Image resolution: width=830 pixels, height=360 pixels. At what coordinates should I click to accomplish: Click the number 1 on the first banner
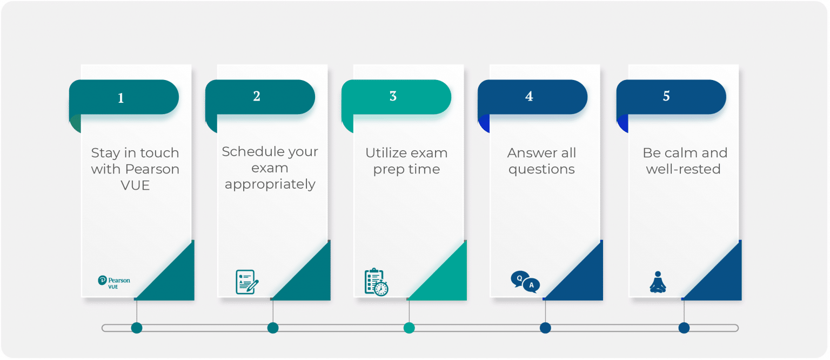pos(121,98)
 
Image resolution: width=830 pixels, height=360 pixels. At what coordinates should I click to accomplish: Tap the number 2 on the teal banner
pos(257,96)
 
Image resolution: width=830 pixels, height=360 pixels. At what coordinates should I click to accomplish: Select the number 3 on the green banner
pos(393,96)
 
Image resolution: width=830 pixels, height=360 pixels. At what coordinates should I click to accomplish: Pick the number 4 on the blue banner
pos(529,96)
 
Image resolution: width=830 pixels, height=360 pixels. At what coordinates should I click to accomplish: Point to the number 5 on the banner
pos(666,96)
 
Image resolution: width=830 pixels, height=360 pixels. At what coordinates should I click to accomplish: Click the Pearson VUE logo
pos(113,282)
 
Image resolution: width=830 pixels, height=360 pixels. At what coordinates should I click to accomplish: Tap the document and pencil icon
pos(247,282)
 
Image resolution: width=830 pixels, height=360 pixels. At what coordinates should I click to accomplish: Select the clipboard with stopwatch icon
pos(376,282)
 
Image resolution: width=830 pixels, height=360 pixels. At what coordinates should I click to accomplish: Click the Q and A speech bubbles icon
pos(525,282)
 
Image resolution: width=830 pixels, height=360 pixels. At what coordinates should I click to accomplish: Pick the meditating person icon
pos(657,282)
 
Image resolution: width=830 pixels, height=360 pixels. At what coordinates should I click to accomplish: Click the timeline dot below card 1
pos(137,328)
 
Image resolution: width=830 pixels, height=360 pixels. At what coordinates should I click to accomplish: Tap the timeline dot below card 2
pos(273,328)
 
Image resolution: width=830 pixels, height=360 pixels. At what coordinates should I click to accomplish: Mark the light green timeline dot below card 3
pos(409,328)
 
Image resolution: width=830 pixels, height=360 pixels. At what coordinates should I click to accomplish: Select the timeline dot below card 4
pos(545,328)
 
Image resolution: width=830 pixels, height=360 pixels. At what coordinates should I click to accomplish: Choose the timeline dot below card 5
pos(684,328)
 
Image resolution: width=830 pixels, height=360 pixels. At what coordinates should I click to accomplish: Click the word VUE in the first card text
pos(135,185)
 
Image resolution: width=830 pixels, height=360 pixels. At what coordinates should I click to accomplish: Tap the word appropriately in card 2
pos(270,185)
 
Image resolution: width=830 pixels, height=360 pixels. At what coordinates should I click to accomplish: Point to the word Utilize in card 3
pos(385,153)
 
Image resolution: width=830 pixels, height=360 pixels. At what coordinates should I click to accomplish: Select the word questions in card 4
pos(541,169)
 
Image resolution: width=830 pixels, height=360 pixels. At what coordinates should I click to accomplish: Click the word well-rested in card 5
pos(684,169)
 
